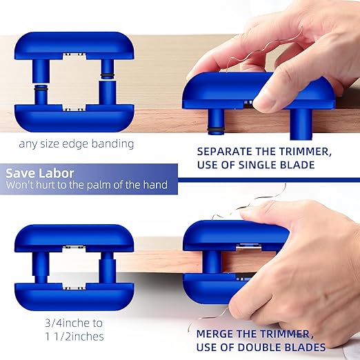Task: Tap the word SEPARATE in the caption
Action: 224,151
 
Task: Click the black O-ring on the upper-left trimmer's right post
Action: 108,74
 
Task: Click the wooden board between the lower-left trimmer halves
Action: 74,265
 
